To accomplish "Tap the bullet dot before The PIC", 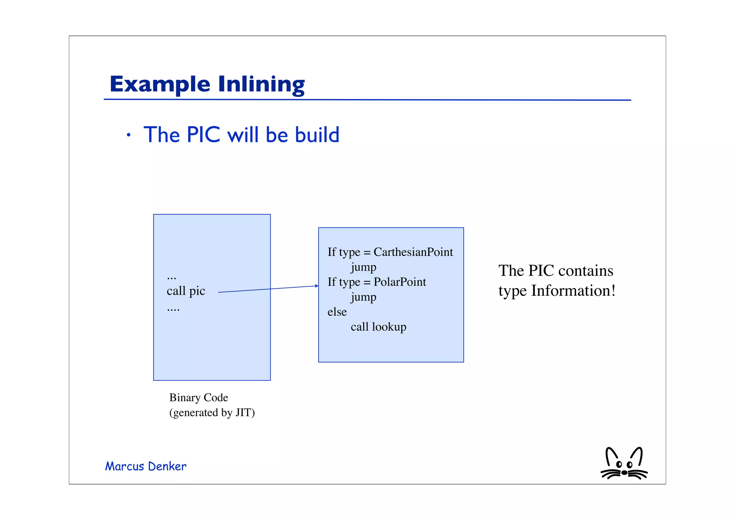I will click(x=128, y=135).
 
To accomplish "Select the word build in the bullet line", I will click(x=317, y=135).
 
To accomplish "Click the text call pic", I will click(x=186, y=291).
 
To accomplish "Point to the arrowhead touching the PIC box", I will click(x=317, y=286).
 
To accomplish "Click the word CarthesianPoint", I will click(x=413, y=252).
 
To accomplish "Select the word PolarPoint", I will click(x=400, y=282).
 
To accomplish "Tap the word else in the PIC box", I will click(x=337, y=312).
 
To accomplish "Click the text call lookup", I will click(x=378, y=327).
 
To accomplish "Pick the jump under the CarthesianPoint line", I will click(x=363, y=267).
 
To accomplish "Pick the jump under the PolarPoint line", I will click(x=363, y=297).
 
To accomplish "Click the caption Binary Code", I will click(x=198, y=397).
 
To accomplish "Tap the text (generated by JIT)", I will click(x=212, y=413).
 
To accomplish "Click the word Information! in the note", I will click(x=573, y=291).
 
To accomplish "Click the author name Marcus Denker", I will click(x=146, y=466).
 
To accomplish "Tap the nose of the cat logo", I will click(x=624, y=473).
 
